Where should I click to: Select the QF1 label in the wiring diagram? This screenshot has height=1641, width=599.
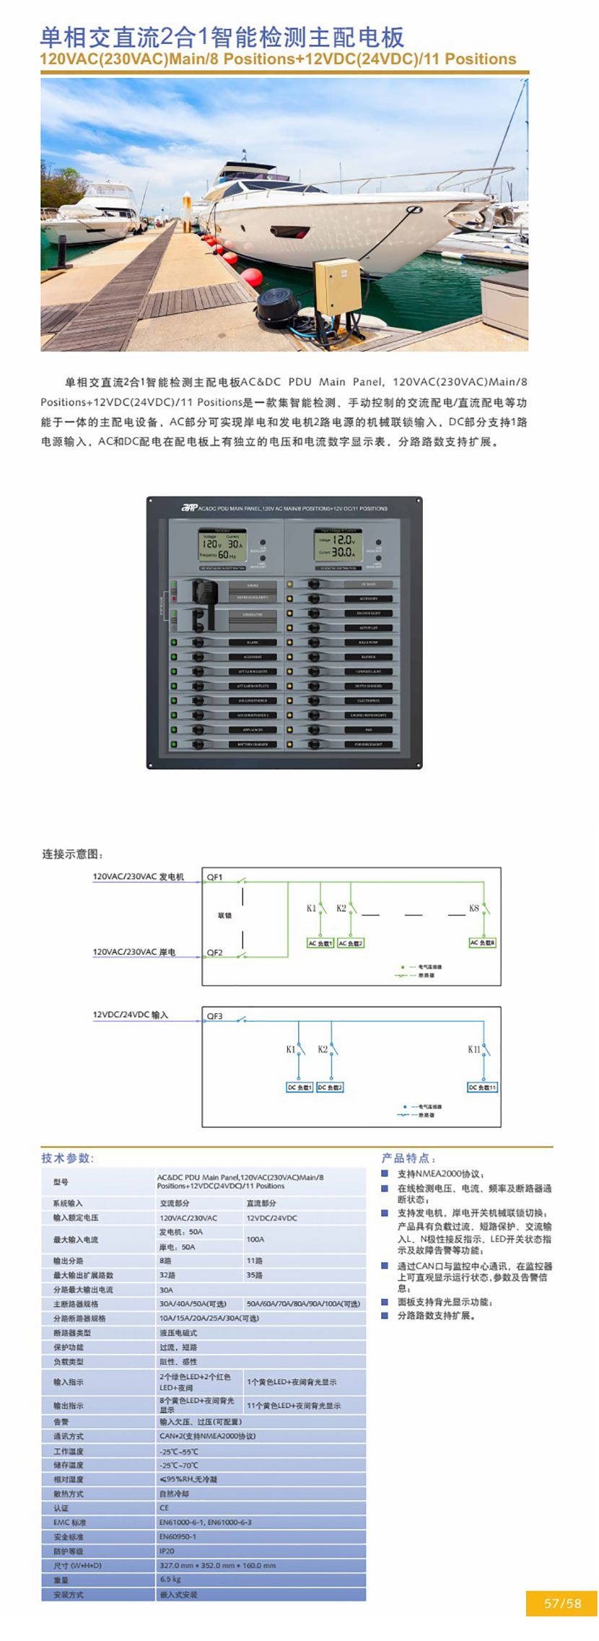pos(214,877)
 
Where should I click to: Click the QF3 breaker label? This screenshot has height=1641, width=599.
pos(214,1016)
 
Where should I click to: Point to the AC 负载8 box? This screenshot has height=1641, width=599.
pos(483,942)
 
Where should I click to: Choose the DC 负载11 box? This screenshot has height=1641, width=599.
pos(482,1087)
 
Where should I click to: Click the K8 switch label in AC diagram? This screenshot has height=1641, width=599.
pos(473,908)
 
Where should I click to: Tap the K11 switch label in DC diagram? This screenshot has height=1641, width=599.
pos(473,1049)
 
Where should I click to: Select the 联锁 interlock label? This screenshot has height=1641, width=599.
pos(224,915)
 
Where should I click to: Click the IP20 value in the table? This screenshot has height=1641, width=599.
pos(167,1551)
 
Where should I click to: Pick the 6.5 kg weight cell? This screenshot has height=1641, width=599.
pos(170,1580)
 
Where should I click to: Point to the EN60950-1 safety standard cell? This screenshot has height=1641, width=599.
pos(178,1536)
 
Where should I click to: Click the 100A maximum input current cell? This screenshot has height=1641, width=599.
pos(255,1239)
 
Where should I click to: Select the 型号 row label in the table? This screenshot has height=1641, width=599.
pos(61,1182)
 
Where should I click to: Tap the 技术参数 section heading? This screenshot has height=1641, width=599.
pos(67,1158)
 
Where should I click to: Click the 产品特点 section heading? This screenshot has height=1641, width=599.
pos(408,1158)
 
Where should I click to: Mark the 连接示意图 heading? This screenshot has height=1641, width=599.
pos(72,854)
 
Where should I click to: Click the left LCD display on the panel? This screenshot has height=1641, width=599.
pos(222,545)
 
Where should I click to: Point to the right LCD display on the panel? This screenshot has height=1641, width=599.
pos(338,545)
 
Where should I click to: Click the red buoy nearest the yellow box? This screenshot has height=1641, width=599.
pos(252,276)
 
